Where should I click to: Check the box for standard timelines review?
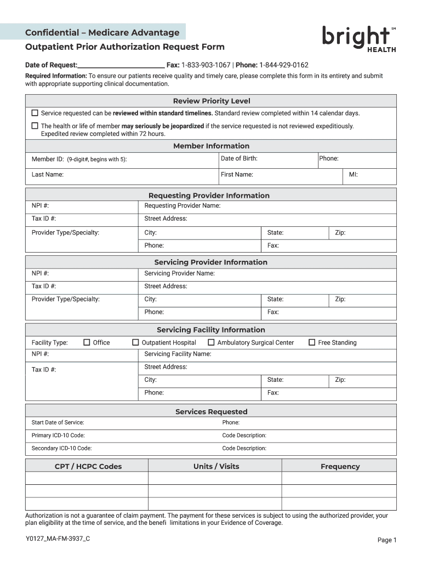tap(35, 113)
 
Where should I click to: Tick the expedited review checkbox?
tap(35, 125)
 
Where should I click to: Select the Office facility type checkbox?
tap(87, 342)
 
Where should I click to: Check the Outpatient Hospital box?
tap(135, 342)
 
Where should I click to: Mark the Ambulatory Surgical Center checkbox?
tap(211, 342)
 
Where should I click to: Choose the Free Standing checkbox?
tap(312, 342)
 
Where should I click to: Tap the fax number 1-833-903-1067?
tap(206, 65)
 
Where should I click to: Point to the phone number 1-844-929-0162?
tap(283, 65)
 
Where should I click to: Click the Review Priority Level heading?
tap(212, 101)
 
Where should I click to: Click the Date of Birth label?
tap(239, 158)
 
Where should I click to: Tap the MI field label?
tap(353, 174)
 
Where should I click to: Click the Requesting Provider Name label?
tap(182, 205)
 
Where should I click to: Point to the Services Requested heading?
tap(212, 411)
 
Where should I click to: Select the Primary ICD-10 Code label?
tap(58, 436)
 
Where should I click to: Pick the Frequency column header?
tap(340, 466)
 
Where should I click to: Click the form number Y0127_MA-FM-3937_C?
tap(58, 539)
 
